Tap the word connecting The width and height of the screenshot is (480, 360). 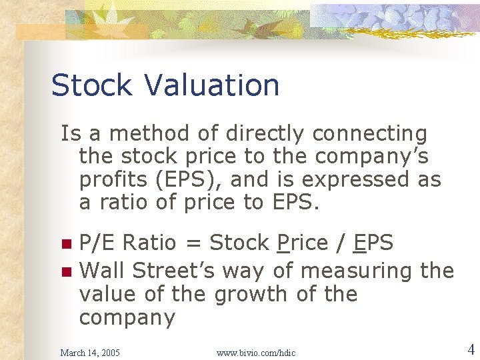pyautogui.click(x=369, y=134)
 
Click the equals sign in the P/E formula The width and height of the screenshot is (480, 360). pyautogui.click(x=195, y=244)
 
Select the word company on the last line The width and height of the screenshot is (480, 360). pyautogui.click(x=127, y=318)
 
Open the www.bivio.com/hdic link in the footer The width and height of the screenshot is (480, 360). pyautogui.click(x=256, y=352)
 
